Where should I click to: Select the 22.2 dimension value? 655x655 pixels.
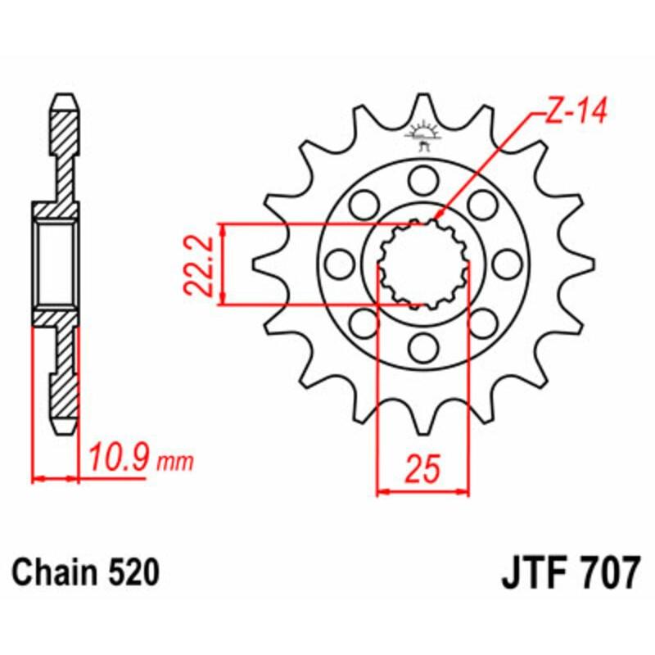tap(199, 264)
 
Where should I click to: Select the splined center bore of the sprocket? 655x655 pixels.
tap(422, 264)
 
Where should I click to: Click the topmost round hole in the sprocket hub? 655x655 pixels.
tap(422, 178)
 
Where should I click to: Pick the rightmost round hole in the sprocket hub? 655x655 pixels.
tap(508, 264)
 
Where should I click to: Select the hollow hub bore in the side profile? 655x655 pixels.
tap(56, 264)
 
